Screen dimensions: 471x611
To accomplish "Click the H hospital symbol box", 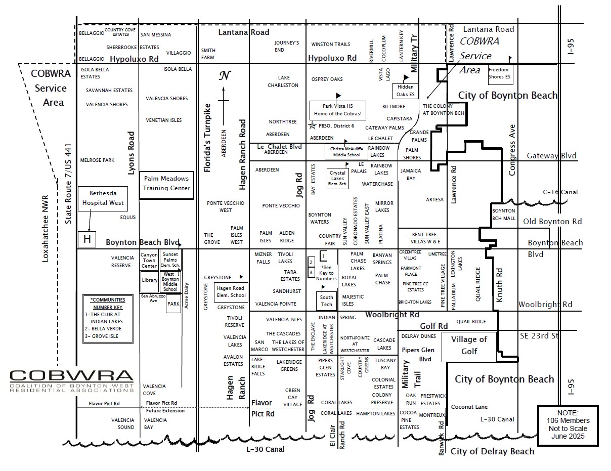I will coord(87,239).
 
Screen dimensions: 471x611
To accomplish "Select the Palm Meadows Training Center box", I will coord(166,184).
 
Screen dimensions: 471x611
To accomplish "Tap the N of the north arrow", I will coord(224,76).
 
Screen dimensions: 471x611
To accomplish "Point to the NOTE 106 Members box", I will coord(567,425).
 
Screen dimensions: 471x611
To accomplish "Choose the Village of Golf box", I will coord(469,346).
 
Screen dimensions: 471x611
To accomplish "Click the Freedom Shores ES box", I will coord(500,73).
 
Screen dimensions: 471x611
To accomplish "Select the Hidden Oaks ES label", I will coord(406,91).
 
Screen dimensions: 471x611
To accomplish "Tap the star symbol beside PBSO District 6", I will coord(314,125).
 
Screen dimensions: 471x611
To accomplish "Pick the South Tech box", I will coord(327,301).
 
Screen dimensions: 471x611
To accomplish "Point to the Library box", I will coord(150,281).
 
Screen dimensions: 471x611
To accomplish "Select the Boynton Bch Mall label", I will coord(504,214).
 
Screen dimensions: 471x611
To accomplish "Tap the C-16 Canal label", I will coord(560,192).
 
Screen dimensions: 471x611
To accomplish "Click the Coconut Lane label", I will coord(469,407).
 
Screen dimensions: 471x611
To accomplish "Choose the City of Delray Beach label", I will coord(492,451).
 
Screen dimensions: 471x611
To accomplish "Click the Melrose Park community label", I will coord(97,160).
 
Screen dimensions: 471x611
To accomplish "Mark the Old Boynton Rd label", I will coord(552,222).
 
